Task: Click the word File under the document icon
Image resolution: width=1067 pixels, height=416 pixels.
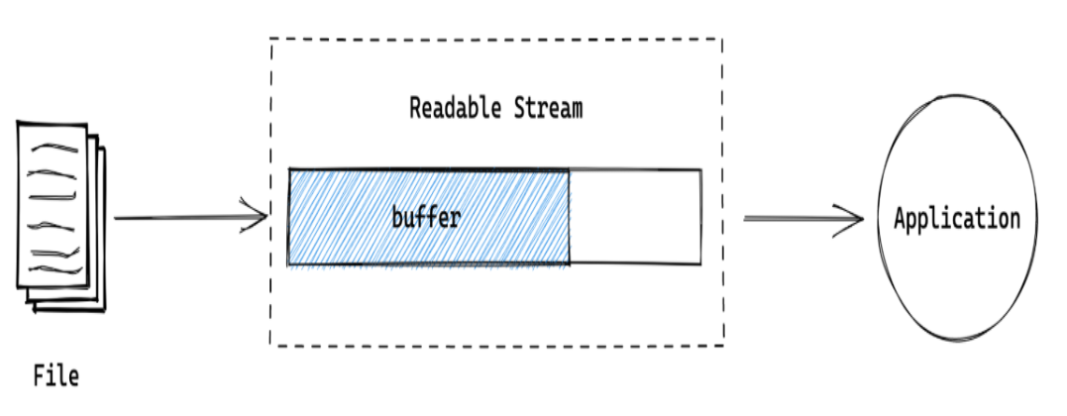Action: [56, 376]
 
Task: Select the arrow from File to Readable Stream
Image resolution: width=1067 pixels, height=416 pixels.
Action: [188, 218]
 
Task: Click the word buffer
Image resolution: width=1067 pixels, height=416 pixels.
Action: [426, 218]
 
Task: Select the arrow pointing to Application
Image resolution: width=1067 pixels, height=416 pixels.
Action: [802, 219]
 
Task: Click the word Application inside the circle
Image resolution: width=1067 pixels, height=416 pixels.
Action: [956, 219]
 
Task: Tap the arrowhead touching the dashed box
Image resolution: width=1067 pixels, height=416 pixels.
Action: [259, 218]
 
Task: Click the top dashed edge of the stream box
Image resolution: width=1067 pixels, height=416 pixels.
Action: [495, 40]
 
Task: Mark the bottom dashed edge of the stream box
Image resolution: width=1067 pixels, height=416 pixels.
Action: [495, 345]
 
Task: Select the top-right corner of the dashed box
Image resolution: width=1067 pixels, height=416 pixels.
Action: [721, 40]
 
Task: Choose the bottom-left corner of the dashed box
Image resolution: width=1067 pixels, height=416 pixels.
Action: [270, 345]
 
